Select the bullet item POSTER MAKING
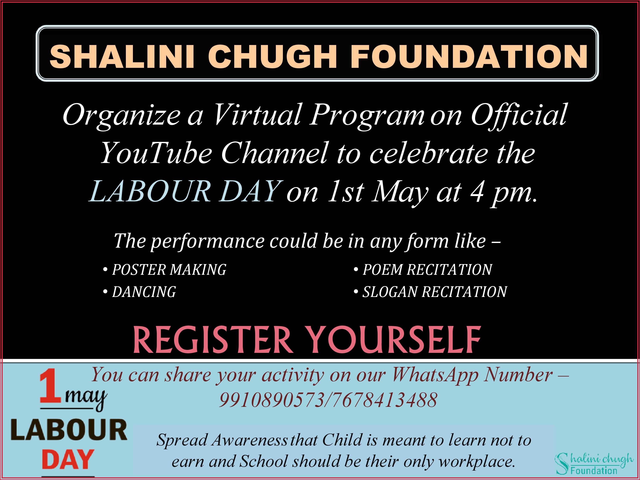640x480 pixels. tap(165, 270)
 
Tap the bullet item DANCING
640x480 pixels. tap(140, 292)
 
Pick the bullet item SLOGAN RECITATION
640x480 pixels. tap(430, 292)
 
